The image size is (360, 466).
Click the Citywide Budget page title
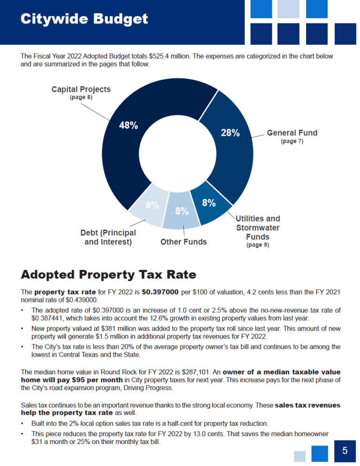point(84,19)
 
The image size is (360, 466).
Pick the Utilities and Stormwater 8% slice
point(210,204)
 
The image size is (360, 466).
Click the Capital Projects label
point(81,89)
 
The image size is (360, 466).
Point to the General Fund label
point(292,133)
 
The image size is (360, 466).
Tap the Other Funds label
point(184,242)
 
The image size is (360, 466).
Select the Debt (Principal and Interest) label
point(108,237)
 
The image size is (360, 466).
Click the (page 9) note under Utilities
point(258,244)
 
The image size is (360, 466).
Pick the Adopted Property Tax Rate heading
point(109,274)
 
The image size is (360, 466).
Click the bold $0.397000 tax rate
point(160,292)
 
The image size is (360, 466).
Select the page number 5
point(345,451)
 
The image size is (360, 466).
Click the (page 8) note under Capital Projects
point(81,97)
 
